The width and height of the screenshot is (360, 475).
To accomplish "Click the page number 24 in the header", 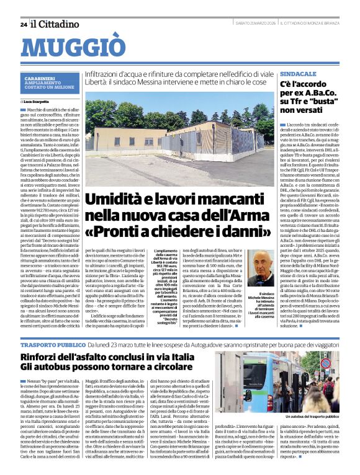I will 23,24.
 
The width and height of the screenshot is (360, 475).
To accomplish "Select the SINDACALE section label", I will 298,73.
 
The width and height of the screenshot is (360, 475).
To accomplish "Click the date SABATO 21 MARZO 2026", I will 254,24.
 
